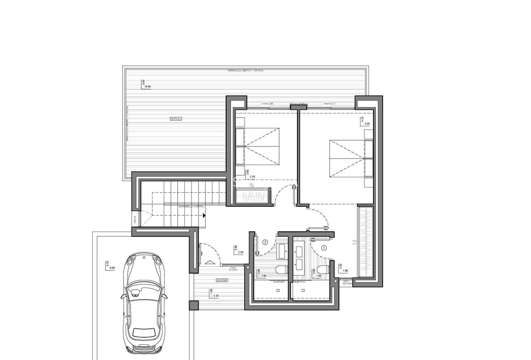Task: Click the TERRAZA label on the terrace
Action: [176, 119]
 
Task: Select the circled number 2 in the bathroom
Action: [265, 242]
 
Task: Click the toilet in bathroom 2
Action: [282, 269]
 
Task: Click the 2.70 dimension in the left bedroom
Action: [253, 177]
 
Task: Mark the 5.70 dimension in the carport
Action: [107, 264]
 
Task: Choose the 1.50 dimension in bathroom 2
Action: [264, 276]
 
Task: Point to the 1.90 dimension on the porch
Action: [210, 291]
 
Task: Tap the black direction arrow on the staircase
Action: [204, 216]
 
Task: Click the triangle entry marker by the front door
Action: [210, 263]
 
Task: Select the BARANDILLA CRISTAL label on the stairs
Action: [191, 206]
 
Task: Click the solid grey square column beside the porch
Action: [193, 305]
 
